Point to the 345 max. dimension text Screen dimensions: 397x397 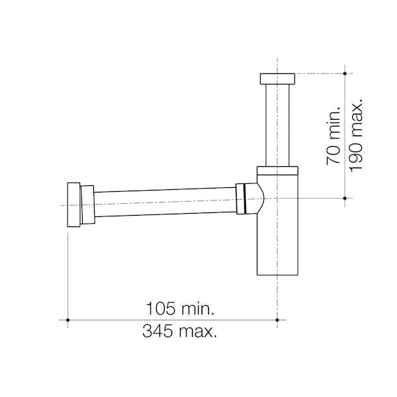pyautogui.click(x=180, y=331)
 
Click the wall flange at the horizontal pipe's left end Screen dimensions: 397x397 pyautogui.click(x=73, y=205)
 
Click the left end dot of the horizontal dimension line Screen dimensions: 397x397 pyautogui.click(x=69, y=320)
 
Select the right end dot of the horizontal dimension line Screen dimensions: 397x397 pyautogui.click(x=277, y=320)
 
